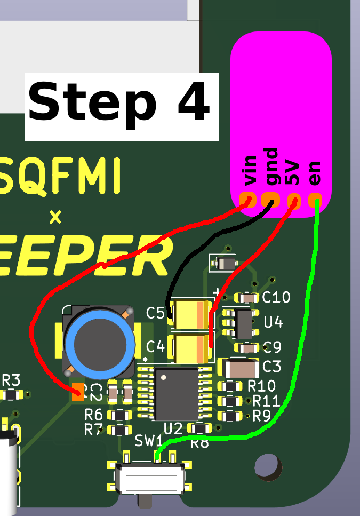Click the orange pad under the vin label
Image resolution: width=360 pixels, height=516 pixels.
[247, 200]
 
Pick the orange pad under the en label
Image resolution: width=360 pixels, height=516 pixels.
[315, 201]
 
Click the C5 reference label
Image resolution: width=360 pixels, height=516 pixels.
[156, 313]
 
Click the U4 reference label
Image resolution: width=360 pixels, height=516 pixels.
[273, 322]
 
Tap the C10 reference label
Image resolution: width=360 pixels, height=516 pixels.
[276, 298]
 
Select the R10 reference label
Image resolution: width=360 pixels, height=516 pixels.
[262, 386]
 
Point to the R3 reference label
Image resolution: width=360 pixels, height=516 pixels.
[11, 381]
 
